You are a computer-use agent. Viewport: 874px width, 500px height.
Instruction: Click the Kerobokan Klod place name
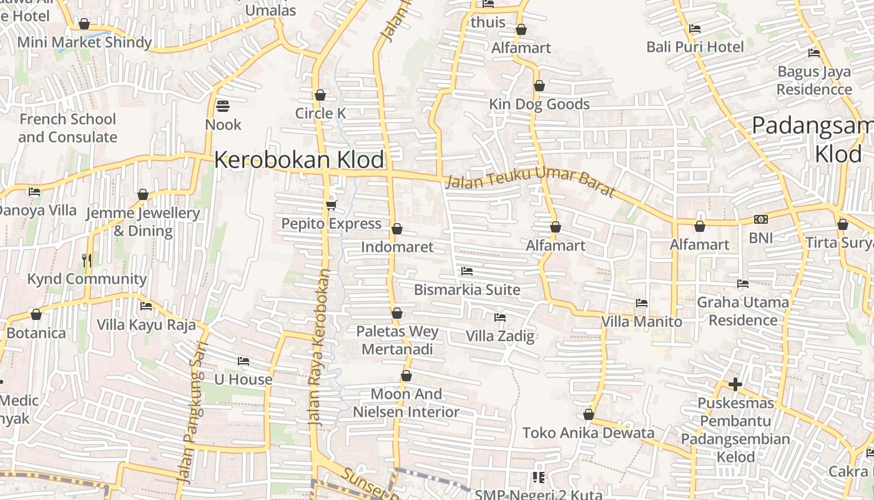[299, 160]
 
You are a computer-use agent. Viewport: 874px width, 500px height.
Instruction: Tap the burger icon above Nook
[223, 106]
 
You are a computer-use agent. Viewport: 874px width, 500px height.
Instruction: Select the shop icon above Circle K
[320, 95]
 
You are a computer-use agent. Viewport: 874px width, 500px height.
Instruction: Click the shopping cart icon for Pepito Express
[331, 205]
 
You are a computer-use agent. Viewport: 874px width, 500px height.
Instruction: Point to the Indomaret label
[397, 247]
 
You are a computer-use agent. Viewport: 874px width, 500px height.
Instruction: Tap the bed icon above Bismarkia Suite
[466, 271]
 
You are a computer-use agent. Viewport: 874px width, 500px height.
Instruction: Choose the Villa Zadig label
[500, 336]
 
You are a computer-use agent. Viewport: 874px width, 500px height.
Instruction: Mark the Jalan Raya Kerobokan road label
[318, 347]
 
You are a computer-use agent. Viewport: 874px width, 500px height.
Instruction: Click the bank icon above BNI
[760, 219]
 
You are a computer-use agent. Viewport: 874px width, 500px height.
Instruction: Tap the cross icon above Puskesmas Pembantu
[735, 384]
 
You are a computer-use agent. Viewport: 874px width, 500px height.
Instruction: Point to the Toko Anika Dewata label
[588, 432]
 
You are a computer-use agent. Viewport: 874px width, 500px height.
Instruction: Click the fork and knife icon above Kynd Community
[87, 260]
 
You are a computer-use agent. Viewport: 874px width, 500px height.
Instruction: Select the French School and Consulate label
[67, 128]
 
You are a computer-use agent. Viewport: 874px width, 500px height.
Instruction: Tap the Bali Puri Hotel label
[695, 47]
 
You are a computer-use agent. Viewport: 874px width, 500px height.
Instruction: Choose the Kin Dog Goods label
[539, 104]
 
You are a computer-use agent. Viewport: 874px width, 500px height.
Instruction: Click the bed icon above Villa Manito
[641, 303]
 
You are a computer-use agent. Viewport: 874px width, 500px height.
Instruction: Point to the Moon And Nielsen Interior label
[406, 403]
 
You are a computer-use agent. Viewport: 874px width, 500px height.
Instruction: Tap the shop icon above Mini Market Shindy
[84, 24]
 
